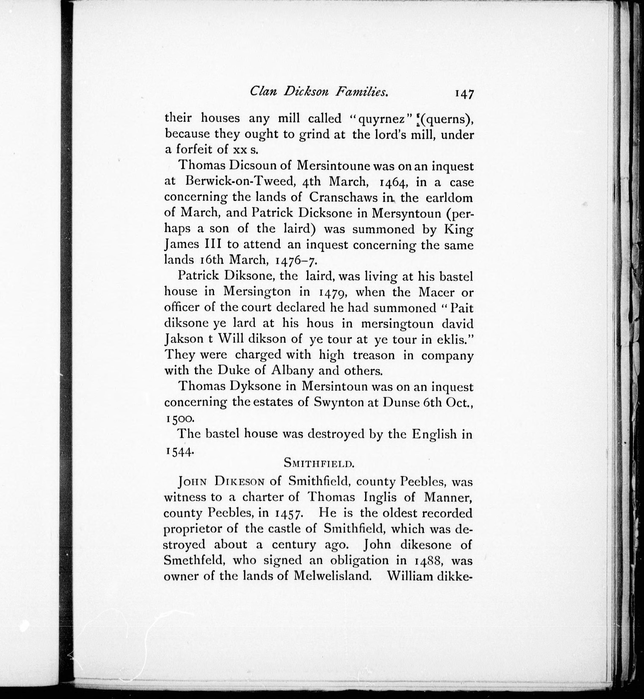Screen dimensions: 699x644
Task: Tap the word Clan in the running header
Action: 263,92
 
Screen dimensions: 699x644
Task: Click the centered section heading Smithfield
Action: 319,463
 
